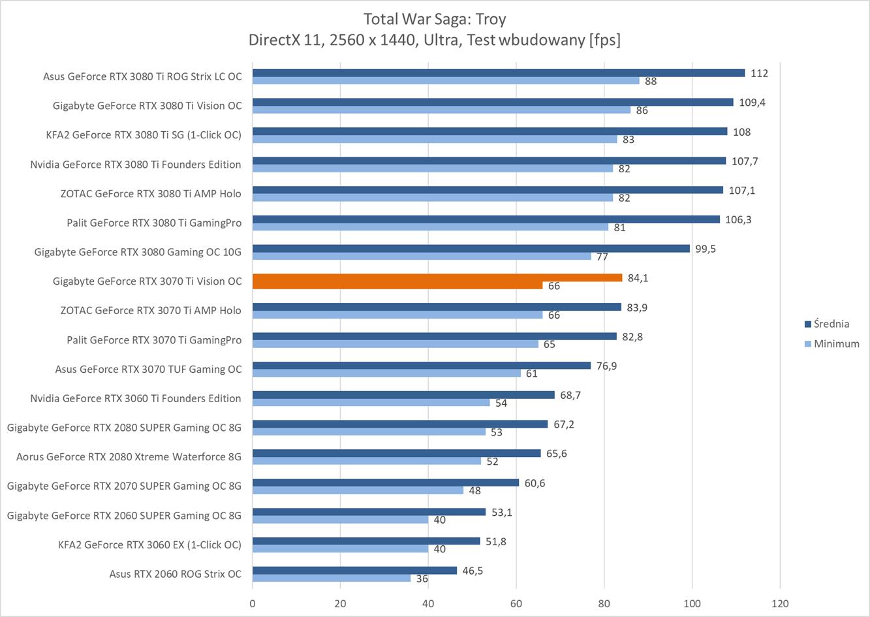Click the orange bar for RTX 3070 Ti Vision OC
(x=437, y=277)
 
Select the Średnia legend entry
(x=831, y=324)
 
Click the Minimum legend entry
(x=836, y=343)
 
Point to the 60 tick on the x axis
(x=516, y=603)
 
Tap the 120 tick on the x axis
(x=779, y=603)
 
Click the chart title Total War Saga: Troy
(x=434, y=18)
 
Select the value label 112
(x=759, y=73)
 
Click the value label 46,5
(x=473, y=571)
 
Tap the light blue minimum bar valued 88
(x=446, y=80)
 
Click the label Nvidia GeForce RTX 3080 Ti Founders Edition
(x=136, y=165)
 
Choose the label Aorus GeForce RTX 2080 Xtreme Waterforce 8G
(x=129, y=457)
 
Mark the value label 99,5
(x=706, y=249)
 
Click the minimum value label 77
(x=602, y=257)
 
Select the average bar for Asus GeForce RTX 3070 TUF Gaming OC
(x=422, y=366)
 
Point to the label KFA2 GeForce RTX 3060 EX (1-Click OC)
(x=149, y=545)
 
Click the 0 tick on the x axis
(x=253, y=603)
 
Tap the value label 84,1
(x=638, y=278)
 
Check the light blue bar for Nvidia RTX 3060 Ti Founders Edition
(x=371, y=402)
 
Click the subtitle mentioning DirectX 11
(x=434, y=40)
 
